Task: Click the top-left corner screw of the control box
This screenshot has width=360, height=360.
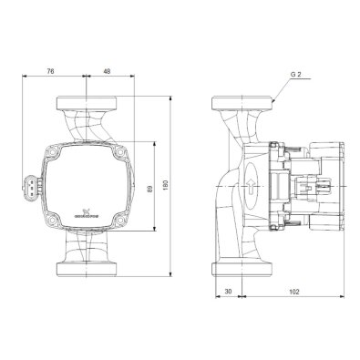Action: (54, 147)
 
